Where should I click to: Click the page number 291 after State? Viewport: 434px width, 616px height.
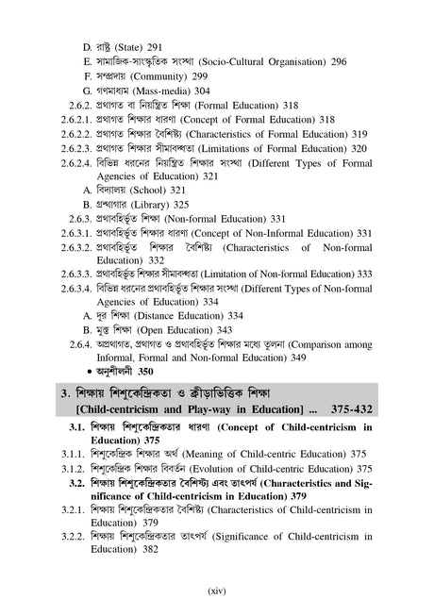pos(156,45)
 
